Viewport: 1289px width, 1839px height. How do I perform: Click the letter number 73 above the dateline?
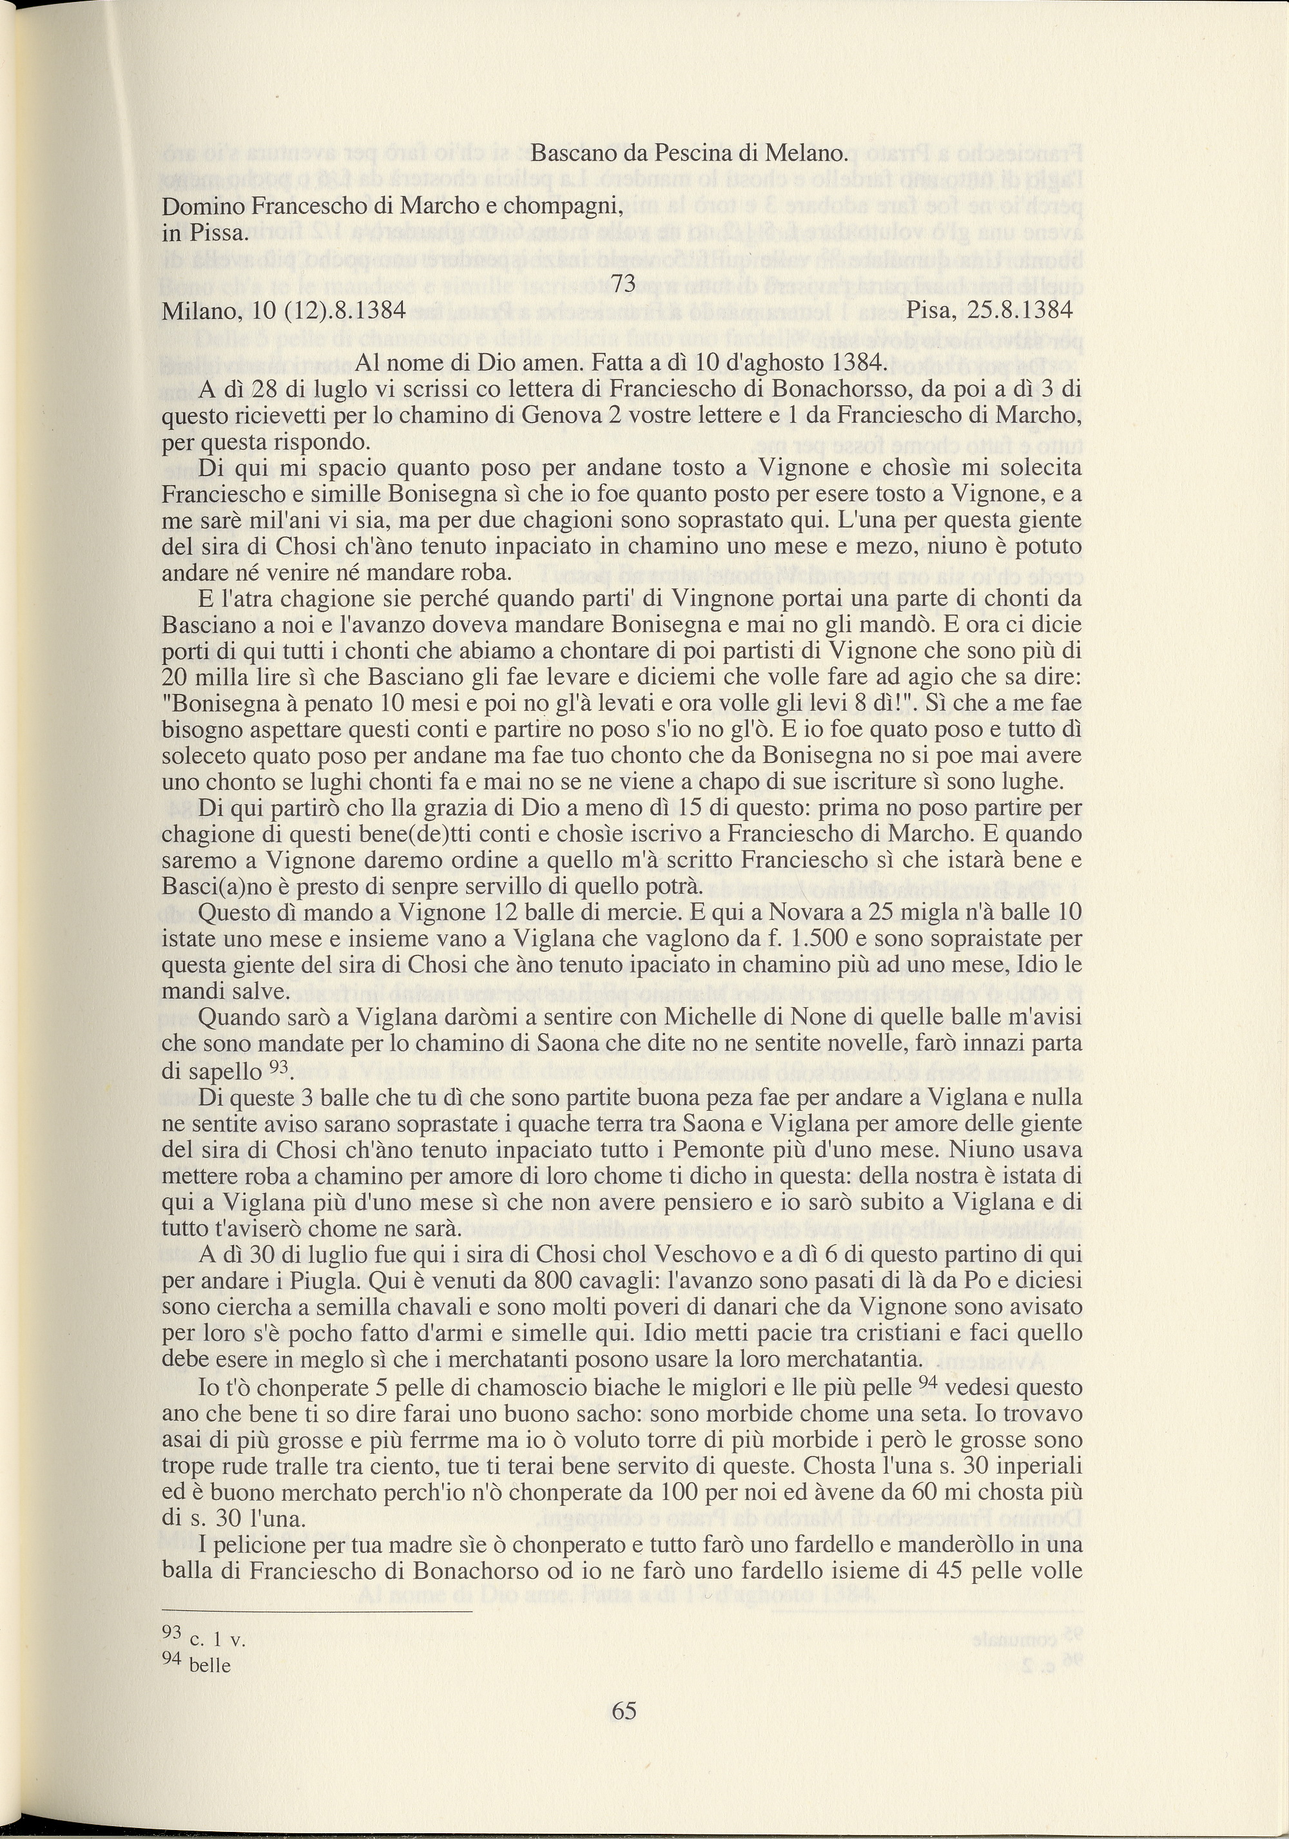coord(623,283)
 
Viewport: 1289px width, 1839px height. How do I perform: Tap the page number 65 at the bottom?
coord(624,1711)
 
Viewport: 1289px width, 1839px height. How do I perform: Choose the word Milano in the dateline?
coord(195,310)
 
